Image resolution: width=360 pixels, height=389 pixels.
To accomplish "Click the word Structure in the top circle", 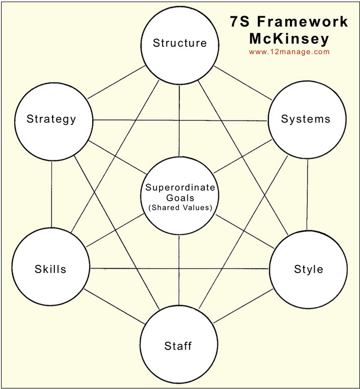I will (x=179, y=43).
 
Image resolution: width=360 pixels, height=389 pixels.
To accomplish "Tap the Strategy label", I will (x=52, y=119).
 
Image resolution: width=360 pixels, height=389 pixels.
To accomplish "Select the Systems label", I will (x=306, y=119).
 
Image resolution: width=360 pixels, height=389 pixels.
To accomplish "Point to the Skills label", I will (x=51, y=269).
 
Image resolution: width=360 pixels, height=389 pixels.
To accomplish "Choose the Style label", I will (x=308, y=269).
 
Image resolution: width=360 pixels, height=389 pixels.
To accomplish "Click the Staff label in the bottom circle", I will (x=178, y=346).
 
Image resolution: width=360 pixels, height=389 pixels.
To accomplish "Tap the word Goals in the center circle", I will (x=180, y=198).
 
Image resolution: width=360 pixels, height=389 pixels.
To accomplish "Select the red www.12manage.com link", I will (x=289, y=52).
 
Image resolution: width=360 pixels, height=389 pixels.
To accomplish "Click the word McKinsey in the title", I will (x=289, y=38).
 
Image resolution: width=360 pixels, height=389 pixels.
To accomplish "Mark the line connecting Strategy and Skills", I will (x=52, y=192).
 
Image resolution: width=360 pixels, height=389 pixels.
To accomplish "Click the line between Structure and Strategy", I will (x=116, y=83).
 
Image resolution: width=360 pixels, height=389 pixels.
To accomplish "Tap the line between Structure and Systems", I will (x=242, y=83).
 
